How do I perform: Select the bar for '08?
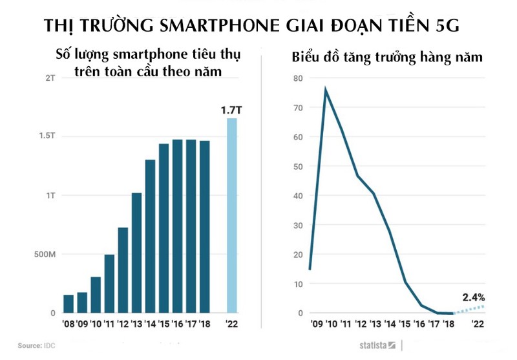coord(69,304)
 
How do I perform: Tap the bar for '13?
coord(136,253)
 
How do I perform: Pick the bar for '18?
coord(204,227)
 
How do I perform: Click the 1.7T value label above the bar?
coord(231,111)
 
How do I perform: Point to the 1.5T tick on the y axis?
coord(47,136)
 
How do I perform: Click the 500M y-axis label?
coord(45,255)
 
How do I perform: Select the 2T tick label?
coord(50,78)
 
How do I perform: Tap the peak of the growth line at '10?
coord(326,90)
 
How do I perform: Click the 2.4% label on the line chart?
coord(473,297)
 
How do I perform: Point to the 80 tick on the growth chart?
coord(297,78)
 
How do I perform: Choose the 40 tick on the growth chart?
coord(297,196)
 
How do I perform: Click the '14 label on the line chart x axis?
coord(390,324)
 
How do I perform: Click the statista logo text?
coord(374,346)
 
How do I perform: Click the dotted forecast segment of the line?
coord(469,309)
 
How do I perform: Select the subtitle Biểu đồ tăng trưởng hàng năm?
coord(387,58)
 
